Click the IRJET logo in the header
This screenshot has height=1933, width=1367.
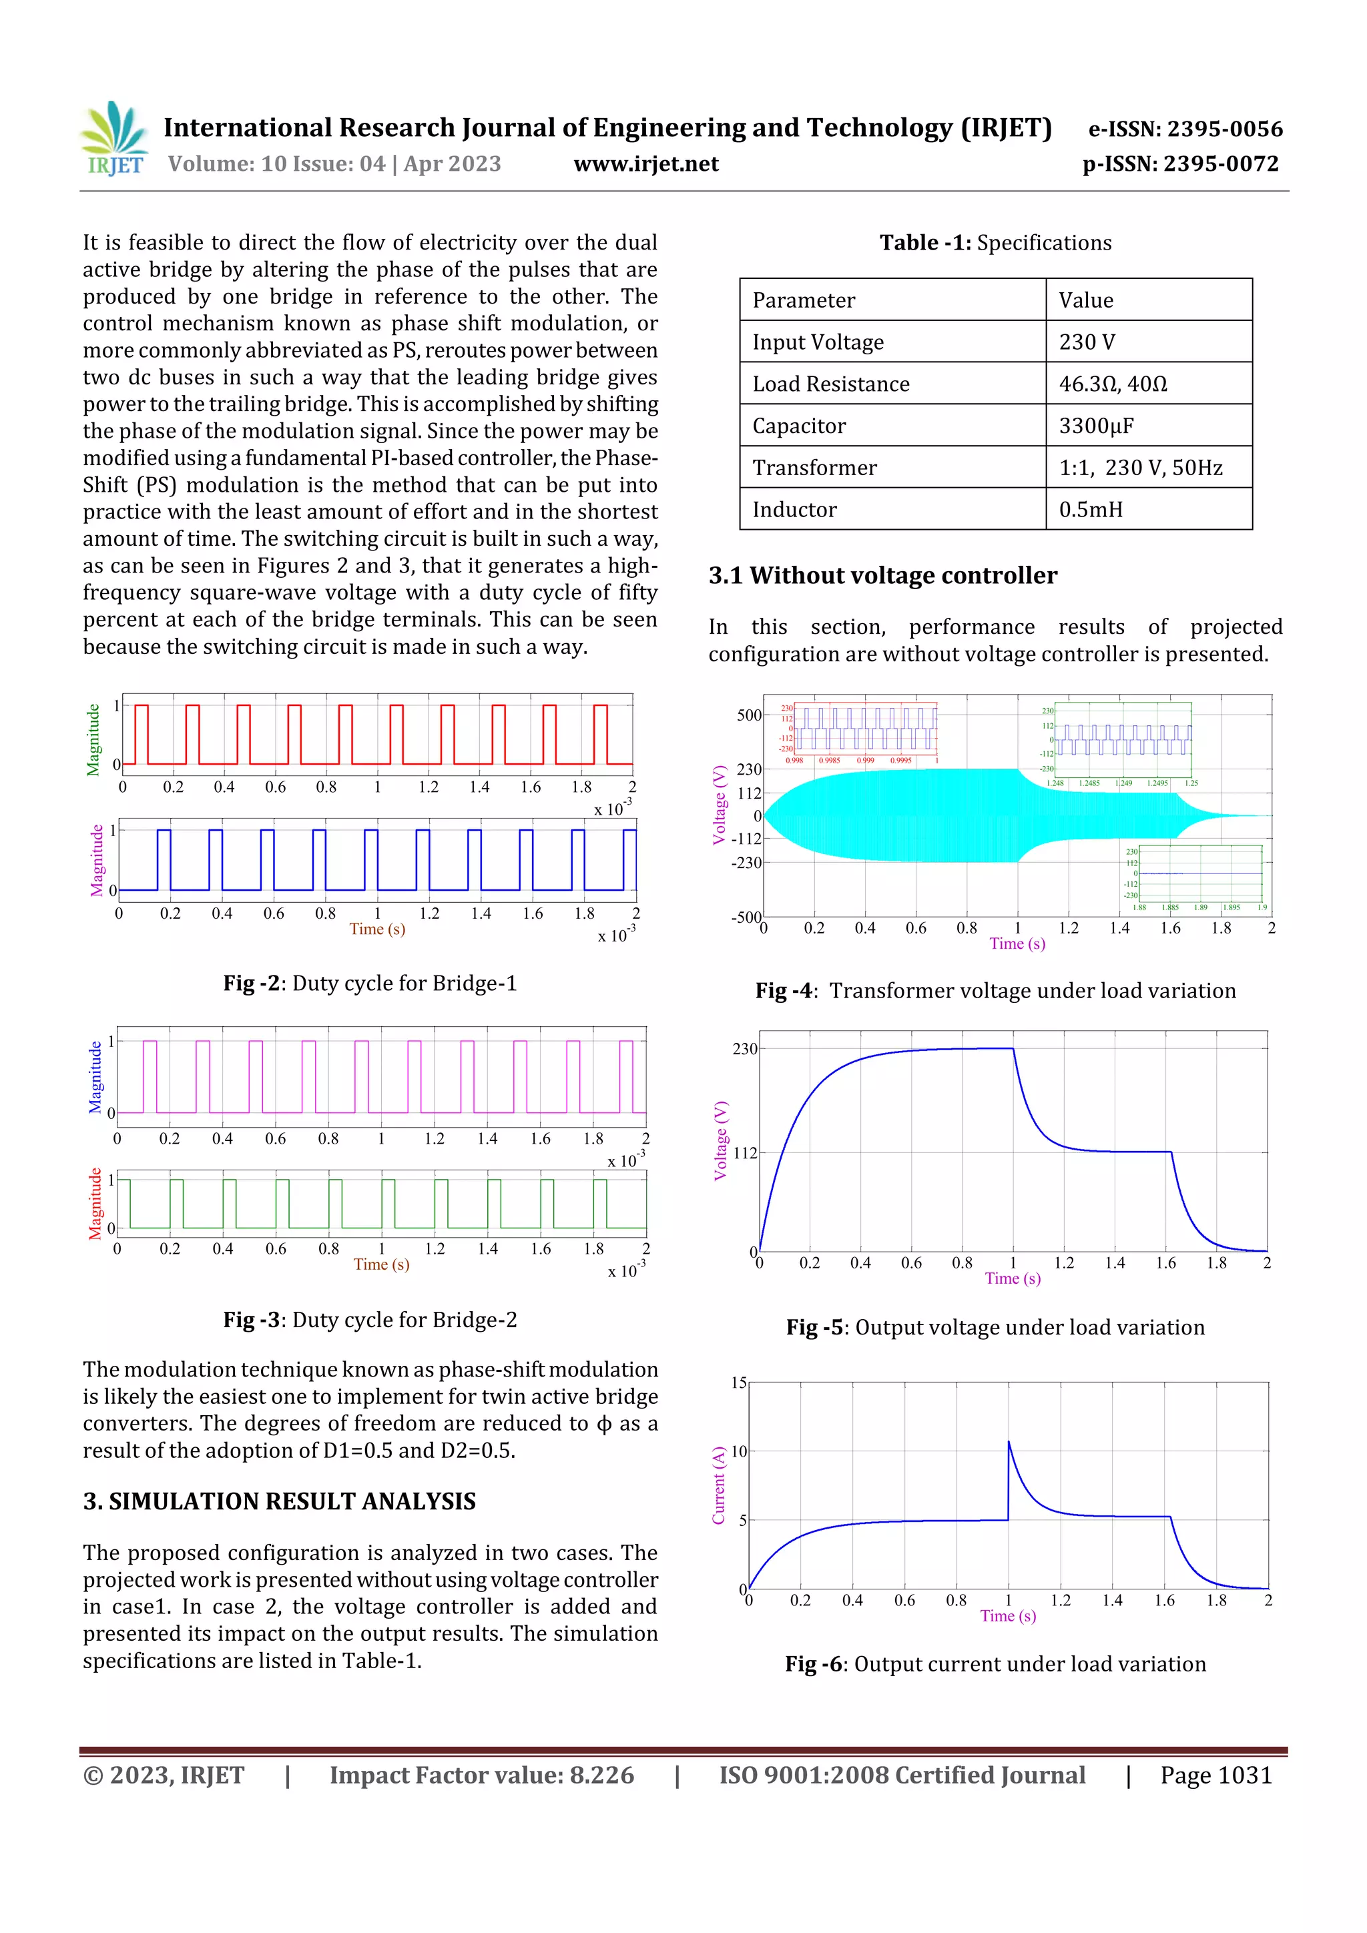pos(115,139)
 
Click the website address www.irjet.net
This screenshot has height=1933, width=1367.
pos(646,164)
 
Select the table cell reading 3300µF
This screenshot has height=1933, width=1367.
pos(1096,426)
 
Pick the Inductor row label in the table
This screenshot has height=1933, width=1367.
pos(794,509)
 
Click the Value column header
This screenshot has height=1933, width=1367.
pos(1086,300)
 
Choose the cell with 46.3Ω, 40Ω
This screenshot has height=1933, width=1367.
pos(1113,384)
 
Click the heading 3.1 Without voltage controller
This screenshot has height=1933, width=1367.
pos(882,575)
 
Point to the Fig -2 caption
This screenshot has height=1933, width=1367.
pos(370,984)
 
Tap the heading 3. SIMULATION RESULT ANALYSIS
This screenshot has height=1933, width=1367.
pos(279,1501)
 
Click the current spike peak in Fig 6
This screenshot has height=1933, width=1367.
pos(1009,1441)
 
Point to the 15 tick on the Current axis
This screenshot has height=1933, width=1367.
pos(739,1383)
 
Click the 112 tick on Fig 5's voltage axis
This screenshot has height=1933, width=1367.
pos(744,1152)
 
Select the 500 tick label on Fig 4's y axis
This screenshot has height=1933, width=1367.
pos(749,715)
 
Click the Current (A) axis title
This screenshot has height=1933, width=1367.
pos(718,1486)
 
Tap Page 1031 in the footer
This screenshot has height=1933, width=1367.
pos(1215,1775)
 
